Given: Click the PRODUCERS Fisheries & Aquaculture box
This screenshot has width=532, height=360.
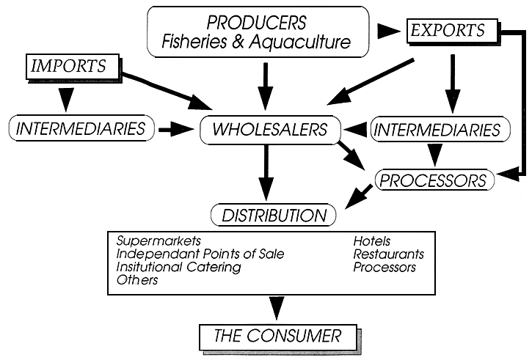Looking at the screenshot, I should [257, 32].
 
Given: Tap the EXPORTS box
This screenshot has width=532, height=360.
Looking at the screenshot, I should [447, 31].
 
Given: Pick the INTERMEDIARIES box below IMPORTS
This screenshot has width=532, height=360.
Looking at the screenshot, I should [80, 129].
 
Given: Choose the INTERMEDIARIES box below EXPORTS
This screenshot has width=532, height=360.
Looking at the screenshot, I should [438, 130].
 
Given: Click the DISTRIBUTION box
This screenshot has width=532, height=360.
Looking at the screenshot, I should [274, 216].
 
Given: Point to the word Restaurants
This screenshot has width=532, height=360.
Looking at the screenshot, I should [388, 254].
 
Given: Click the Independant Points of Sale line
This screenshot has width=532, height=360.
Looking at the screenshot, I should [200, 254].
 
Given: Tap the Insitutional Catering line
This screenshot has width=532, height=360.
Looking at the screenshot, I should [178, 267].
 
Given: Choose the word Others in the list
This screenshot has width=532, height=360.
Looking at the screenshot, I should [137, 280].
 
